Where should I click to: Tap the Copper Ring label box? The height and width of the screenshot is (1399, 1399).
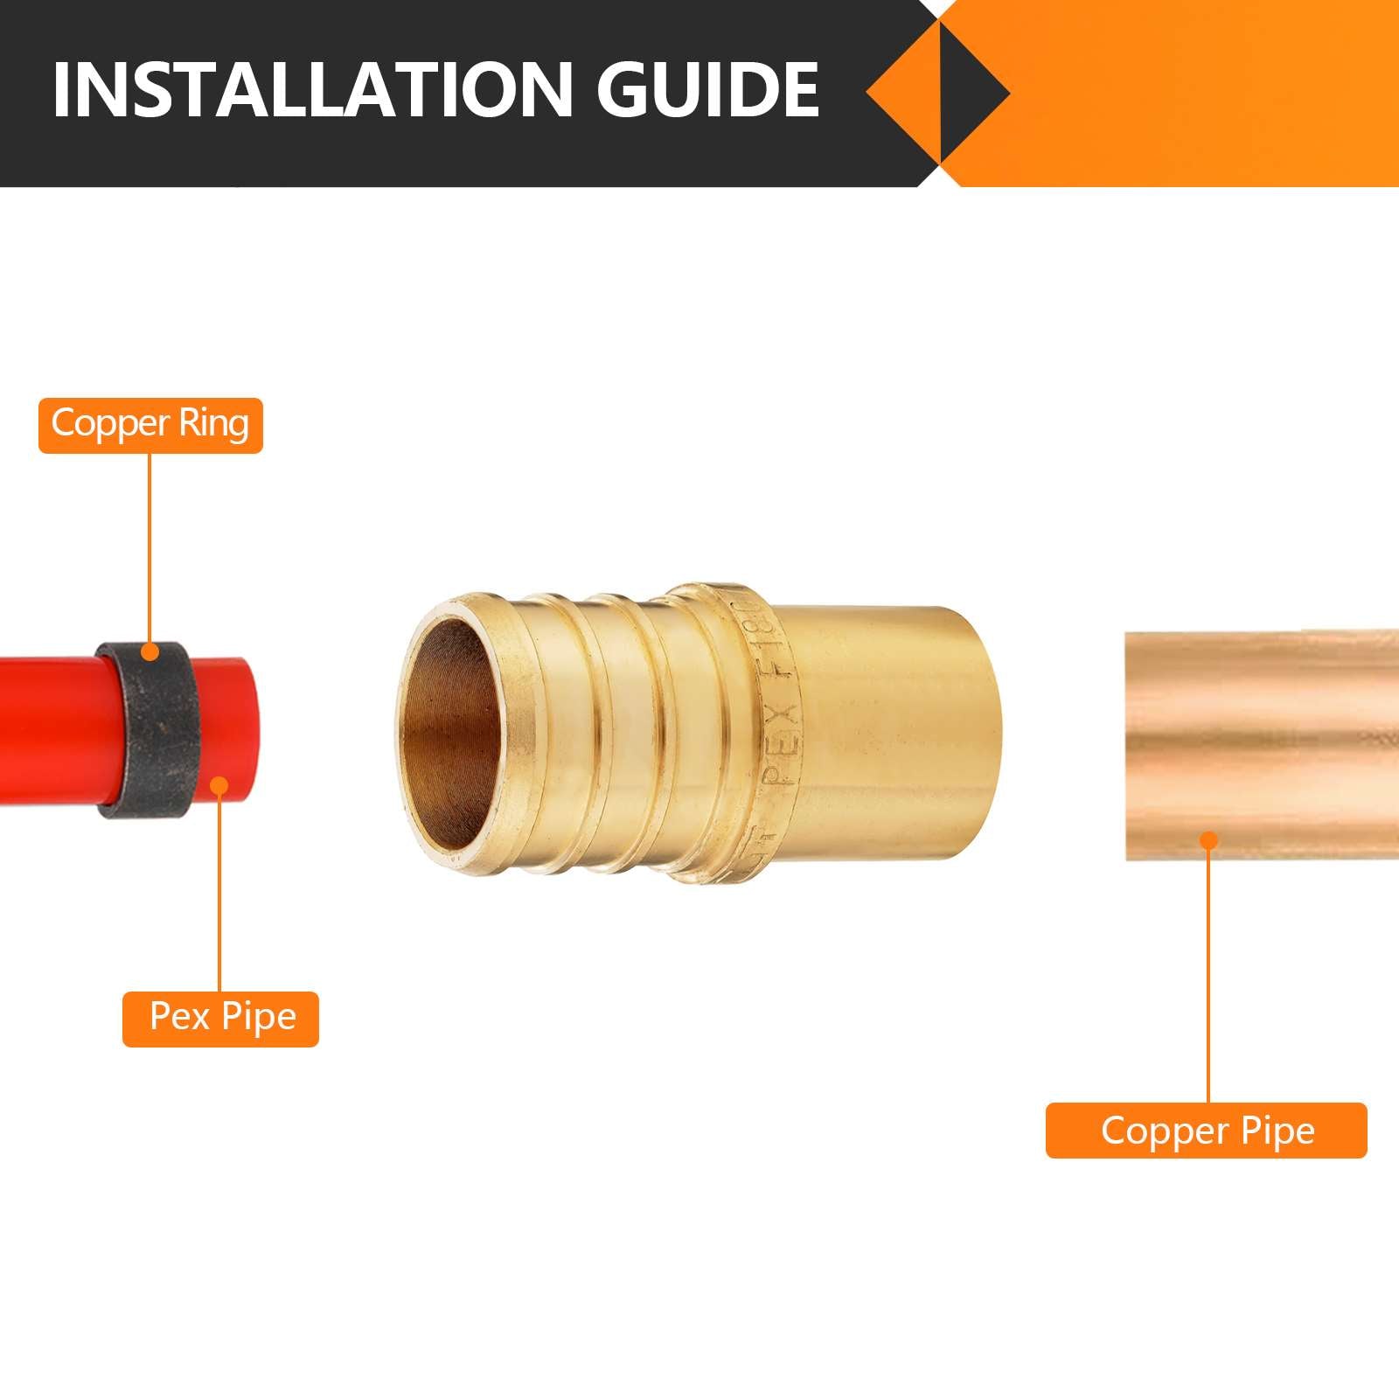[150, 425]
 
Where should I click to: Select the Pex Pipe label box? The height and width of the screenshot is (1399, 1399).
[220, 1019]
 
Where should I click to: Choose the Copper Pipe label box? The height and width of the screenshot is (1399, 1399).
[1206, 1131]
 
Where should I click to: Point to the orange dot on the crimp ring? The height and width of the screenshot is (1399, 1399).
[150, 651]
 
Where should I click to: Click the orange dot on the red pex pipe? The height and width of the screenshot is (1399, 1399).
[220, 786]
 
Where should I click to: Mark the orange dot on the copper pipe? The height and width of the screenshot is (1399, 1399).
[1208, 840]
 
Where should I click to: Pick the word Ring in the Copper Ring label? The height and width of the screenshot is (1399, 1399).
[213, 423]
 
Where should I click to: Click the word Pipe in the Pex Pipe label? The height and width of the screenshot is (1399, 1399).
[259, 1017]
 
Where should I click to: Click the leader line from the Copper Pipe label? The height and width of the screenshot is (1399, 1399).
[1208, 971]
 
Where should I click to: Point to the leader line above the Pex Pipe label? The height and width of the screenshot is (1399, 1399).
[220, 892]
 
